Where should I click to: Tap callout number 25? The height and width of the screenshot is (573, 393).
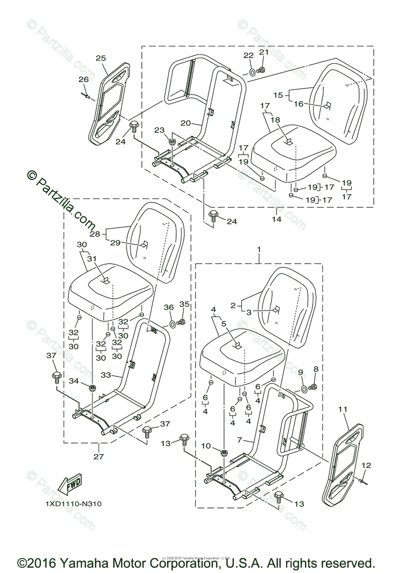click(101, 58)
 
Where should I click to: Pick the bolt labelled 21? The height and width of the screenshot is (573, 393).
click(261, 70)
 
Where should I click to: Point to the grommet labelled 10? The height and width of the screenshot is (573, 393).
click(223, 452)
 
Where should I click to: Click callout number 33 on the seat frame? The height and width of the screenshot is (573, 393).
click(106, 375)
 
